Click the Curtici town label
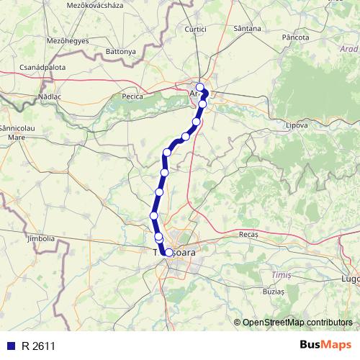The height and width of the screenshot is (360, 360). (x=215, y=29)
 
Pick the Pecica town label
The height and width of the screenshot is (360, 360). (x=134, y=96)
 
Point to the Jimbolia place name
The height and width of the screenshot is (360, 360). (x=40, y=238)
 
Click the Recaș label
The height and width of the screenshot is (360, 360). (x=248, y=235)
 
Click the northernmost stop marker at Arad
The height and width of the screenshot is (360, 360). (x=200, y=87)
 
